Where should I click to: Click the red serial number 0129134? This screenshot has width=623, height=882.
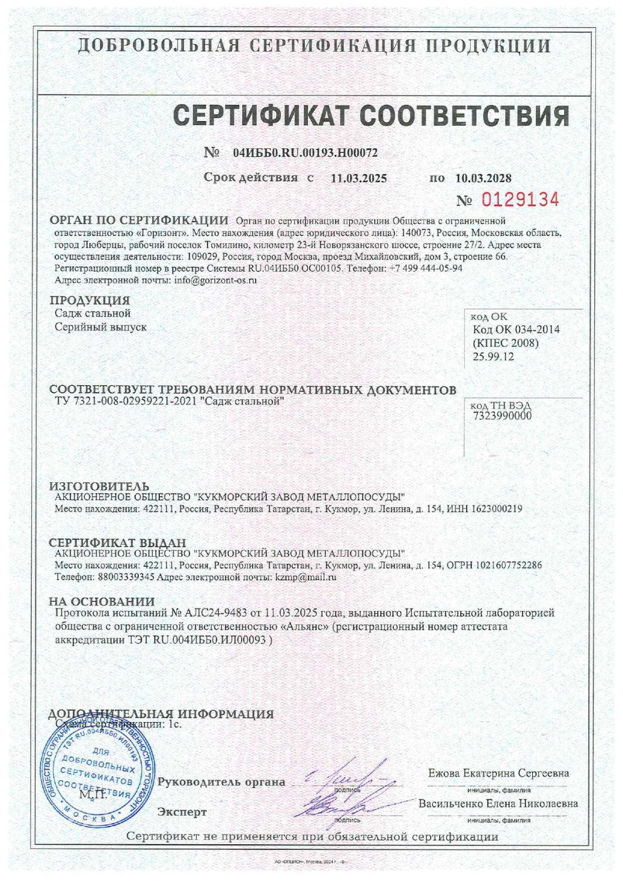pos(520,201)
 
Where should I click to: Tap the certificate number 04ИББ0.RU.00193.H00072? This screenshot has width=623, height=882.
pos(305,153)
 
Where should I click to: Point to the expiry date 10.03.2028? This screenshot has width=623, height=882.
pos(483,178)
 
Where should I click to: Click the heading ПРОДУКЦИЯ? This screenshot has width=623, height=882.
pos(89,301)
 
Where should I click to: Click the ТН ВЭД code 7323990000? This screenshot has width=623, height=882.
pos(501,416)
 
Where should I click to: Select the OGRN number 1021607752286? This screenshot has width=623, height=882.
pos(505,564)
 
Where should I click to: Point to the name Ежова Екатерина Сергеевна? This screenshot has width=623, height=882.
pos(498,773)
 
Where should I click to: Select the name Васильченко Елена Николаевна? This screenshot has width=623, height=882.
pos(498,803)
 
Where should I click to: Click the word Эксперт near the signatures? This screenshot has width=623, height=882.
pos(182,812)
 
